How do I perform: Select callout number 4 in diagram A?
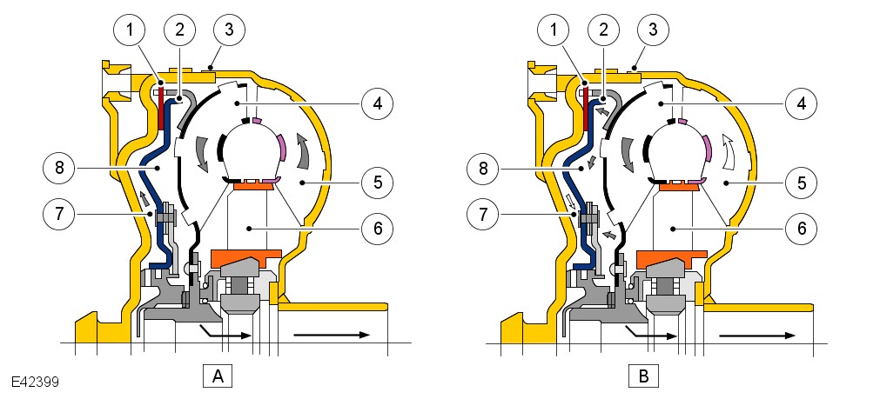point(377,103)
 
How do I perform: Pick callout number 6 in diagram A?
point(377,229)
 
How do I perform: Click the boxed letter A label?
point(217,376)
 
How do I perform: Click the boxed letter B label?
point(643,376)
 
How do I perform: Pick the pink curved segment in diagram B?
point(706,149)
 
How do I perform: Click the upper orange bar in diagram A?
point(250,185)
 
